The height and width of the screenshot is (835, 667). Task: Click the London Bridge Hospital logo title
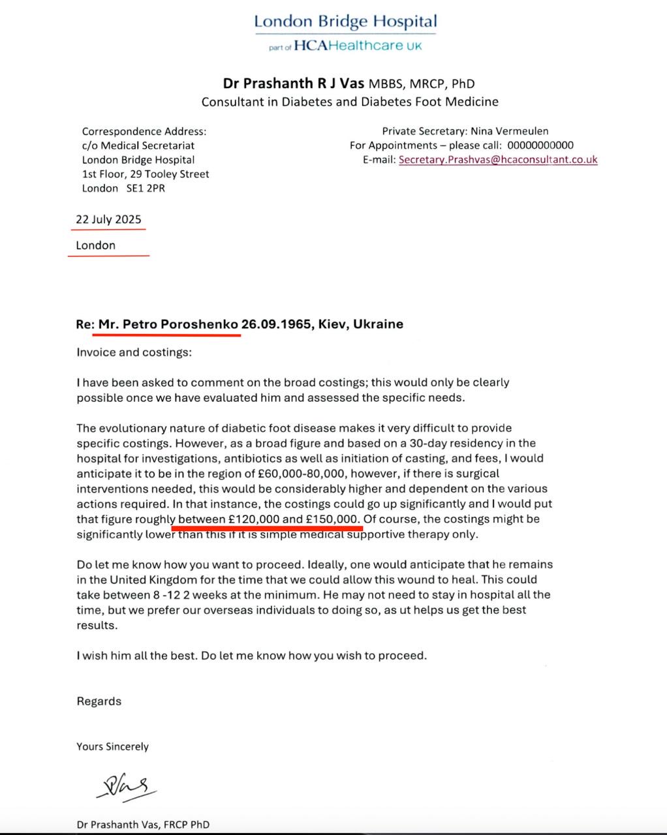tap(345, 22)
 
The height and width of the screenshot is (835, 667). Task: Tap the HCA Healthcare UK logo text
tap(358, 46)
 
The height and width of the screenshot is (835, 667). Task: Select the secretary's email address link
tap(498, 159)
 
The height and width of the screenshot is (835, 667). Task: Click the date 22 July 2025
tap(108, 219)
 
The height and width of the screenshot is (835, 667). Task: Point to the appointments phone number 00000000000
tap(540, 145)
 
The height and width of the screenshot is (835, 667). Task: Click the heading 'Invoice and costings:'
tap(134, 352)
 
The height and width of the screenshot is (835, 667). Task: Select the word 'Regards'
tap(99, 701)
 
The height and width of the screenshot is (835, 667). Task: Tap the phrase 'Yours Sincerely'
tap(112, 746)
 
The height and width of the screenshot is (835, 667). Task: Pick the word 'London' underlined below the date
tap(95, 245)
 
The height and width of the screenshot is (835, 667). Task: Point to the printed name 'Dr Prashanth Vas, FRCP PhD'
tap(143, 825)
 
